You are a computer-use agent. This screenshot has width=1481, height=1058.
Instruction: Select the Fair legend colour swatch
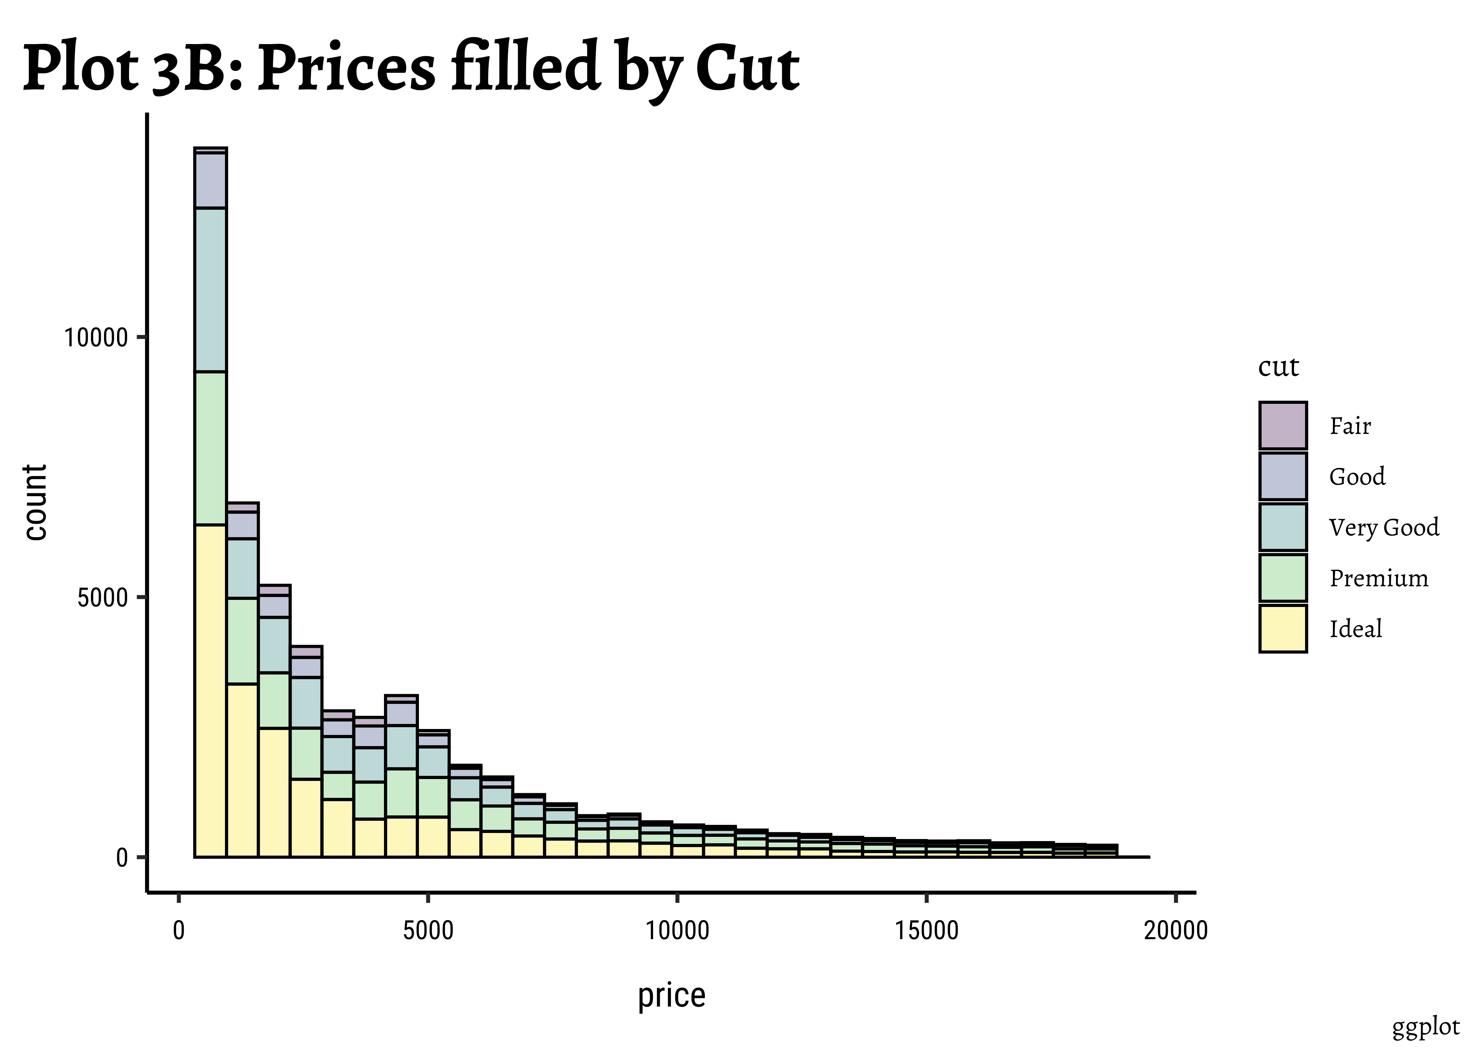1282,425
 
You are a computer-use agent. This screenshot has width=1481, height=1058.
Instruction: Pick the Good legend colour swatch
1282,476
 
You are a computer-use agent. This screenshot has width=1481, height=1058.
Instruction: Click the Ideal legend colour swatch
1282,629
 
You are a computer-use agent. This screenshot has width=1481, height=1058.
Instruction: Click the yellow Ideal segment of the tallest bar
211,691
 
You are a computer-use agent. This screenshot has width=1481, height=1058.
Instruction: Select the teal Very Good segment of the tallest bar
211,290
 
